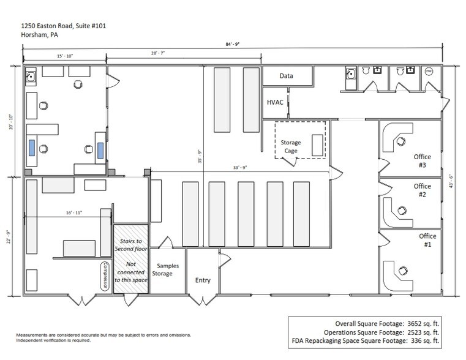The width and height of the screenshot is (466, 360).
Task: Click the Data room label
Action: [286, 77]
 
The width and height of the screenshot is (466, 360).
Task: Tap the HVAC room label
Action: [275, 102]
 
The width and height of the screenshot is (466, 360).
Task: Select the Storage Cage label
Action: [291, 147]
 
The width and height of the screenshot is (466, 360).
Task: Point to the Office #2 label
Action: [423, 190]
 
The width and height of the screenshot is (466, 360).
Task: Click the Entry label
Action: [203, 280]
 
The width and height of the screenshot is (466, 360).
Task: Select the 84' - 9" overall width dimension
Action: [232, 44]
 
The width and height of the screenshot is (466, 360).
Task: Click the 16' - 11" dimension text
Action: [74, 212]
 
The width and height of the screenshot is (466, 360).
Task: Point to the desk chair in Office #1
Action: [402, 269]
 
